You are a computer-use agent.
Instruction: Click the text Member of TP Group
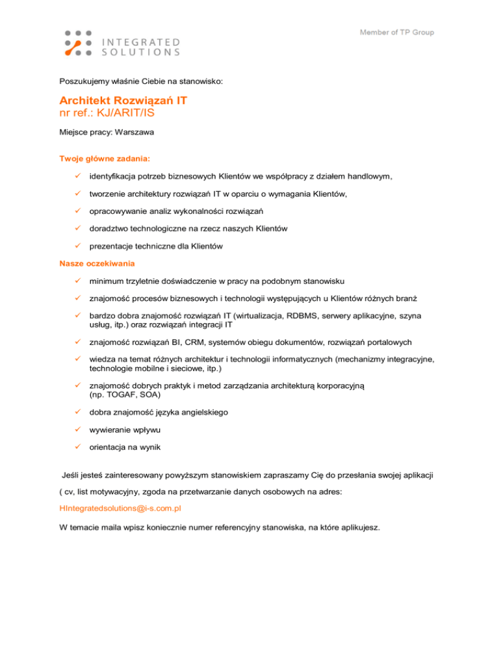coord(396,32)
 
